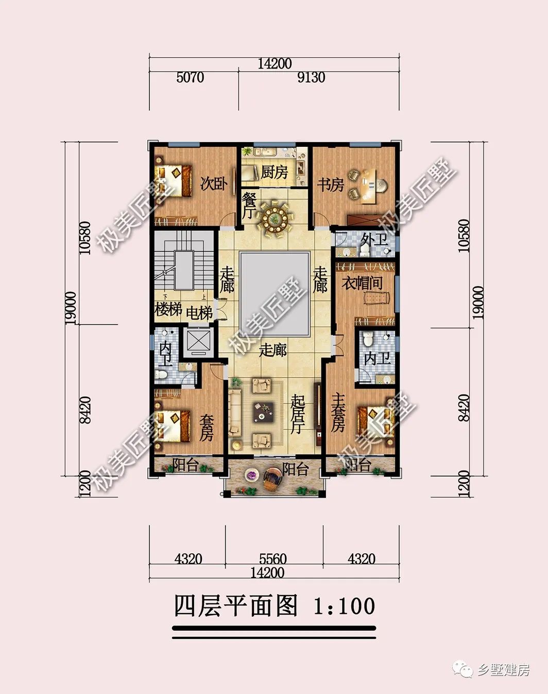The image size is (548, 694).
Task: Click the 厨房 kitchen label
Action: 274,172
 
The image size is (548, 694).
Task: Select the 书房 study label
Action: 330,185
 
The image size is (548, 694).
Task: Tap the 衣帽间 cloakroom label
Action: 362,283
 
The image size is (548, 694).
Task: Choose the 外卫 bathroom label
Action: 374,240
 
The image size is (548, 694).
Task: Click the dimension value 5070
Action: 190,78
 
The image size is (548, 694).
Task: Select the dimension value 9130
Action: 311,78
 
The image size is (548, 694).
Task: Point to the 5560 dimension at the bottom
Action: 272,559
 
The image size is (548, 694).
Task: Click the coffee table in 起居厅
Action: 263,412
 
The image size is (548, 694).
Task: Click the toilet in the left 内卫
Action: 161,375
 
